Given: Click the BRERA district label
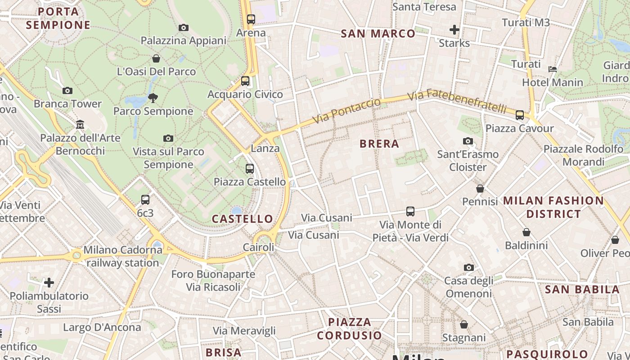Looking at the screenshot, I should pos(379,144).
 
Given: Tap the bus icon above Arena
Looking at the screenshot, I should pos(251,19).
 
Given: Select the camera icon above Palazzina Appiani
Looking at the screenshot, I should pos(183,27).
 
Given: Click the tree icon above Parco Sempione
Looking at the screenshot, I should pos(153,98).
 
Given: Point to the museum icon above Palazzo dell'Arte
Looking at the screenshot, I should pos(80,124).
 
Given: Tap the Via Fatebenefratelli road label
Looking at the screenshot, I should pos(457,102).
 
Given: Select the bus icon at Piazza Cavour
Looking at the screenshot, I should pos(520,115).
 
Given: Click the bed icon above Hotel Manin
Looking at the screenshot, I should pos(553,69).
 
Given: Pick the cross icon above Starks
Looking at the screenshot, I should pos(454,30).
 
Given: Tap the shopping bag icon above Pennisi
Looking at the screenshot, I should pos(480,189).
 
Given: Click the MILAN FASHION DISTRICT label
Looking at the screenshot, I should pos(553,207).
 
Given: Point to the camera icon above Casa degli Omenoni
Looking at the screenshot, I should pos(468,268).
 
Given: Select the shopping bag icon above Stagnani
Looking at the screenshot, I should pos(464,324).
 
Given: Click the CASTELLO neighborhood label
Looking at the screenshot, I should pos(242,219).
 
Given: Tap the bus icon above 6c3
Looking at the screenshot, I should pos(145,200).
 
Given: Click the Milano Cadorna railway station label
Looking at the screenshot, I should pos(122,256).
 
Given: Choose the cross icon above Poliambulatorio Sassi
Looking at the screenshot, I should pos(49,283).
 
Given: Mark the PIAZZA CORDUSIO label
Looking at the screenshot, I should pos(349,328).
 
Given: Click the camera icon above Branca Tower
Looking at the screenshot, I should pos(67,90).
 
